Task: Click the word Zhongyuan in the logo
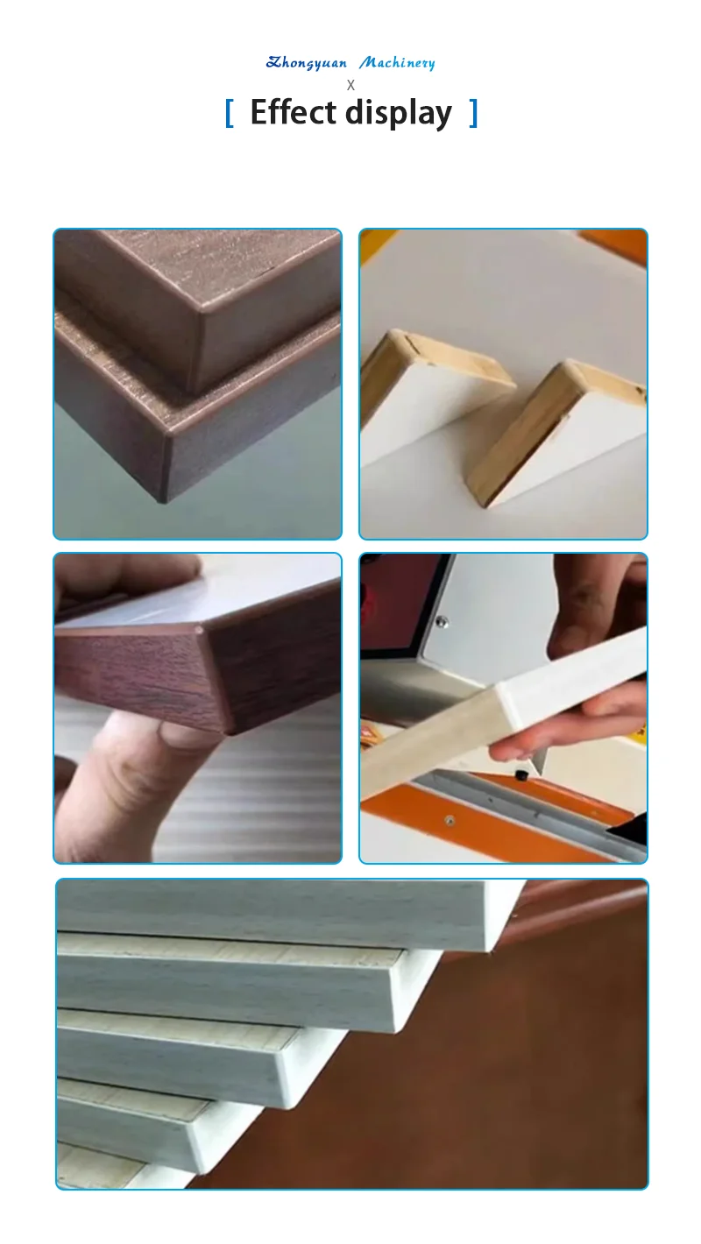click(x=307, y=63)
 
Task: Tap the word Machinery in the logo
click(x=397, y=63)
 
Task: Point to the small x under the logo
click(x=350, y=85)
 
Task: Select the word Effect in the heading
click(x=293, y=113)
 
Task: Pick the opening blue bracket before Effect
click(x=230, y=113)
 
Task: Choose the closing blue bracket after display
click(x=473, y=113)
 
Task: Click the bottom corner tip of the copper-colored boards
click(x=161, y=500)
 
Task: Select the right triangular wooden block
click(x=561, y=429)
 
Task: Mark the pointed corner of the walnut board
click(x=201, y=629)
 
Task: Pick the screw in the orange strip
click(x=450, y=821)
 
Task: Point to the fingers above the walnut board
click(x=123, y=578)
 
